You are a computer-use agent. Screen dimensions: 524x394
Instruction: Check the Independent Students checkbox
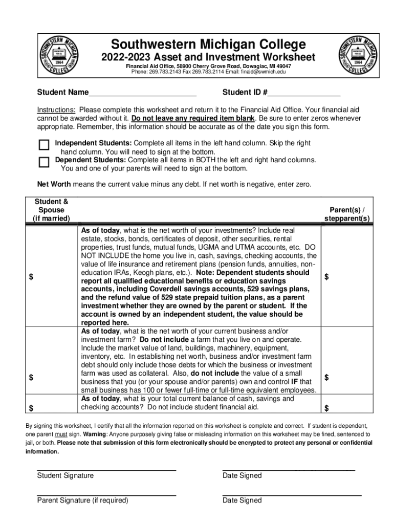coord(44,144)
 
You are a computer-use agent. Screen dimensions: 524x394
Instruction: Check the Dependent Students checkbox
coord(44,162)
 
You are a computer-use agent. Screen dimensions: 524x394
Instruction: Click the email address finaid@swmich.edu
coord(261,72)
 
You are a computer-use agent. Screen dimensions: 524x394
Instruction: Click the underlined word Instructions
coord(56,110)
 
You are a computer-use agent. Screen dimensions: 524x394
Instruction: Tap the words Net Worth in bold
coord(54,184)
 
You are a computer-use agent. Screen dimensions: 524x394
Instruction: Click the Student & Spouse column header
coord(51,210)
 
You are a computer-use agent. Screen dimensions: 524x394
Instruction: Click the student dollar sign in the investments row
coord(32,277)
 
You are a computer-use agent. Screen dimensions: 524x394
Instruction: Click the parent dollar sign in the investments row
coord(327,277)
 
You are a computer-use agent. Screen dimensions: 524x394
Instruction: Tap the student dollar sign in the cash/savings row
coord(32,408)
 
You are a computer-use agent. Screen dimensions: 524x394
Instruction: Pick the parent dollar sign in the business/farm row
coord(327,378)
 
